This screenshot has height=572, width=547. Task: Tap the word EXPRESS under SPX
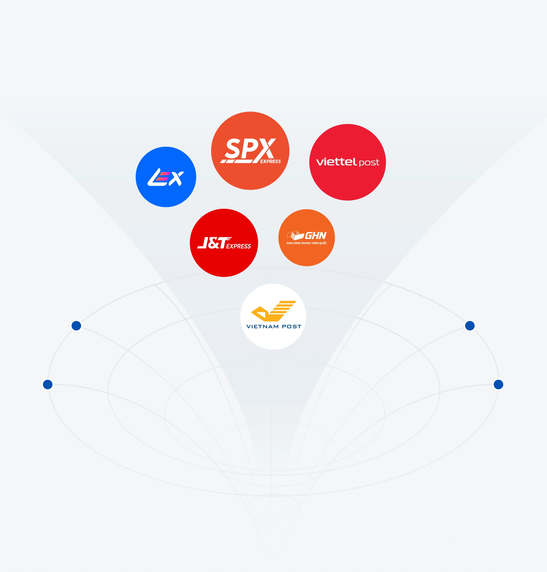click(x=270, y=162)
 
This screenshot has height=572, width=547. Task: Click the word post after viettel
click(x=369, y=163)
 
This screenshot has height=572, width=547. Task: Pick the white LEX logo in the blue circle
click(x=166, y=177)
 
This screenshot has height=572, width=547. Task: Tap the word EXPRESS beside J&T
click(x=239, y=246)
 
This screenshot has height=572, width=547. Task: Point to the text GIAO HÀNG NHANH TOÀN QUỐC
click(x=306, y=243)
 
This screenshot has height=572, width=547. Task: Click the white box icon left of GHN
click(x=295, y=235)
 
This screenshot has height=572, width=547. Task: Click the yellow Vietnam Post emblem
click(x=273, y=311)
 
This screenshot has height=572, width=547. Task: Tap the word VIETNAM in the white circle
click(x=262, y=327)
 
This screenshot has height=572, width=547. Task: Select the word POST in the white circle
click(x=292, y=327)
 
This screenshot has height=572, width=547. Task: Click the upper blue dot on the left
click(x=76, y=325)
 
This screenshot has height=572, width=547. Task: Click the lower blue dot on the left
click(x=48, y=384)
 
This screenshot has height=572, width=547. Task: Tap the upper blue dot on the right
click(x=470, y=325)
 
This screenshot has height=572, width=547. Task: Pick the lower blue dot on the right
click(x=498, y=384)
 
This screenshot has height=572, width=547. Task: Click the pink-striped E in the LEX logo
click(x=163, y=177)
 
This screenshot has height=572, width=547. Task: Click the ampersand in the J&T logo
click(x=214, y=243)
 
